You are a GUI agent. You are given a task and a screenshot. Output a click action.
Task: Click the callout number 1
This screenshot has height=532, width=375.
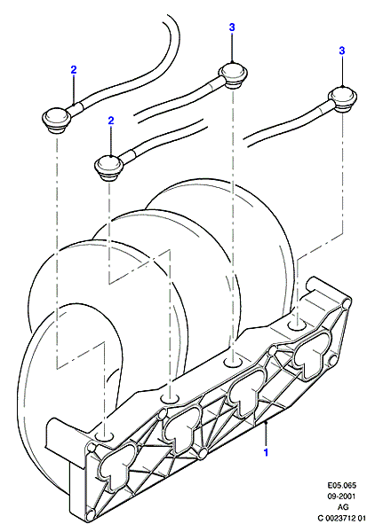point(267,452)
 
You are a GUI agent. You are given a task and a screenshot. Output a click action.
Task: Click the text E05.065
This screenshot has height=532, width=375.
point(342,485)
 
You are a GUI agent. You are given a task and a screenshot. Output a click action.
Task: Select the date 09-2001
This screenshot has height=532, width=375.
point(342,497)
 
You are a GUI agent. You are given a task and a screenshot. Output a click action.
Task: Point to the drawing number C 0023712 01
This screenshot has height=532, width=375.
point(342,519)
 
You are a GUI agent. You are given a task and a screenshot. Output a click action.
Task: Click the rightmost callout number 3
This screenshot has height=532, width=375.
point(342,51)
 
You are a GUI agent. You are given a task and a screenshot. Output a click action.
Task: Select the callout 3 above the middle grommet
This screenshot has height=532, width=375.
point(232,27)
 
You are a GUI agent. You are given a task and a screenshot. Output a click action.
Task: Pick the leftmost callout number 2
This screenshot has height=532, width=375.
point(74,69)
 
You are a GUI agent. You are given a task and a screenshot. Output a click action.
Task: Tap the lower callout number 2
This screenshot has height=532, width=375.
point(111,121)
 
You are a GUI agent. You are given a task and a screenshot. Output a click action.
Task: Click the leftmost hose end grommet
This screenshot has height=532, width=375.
point(57,120)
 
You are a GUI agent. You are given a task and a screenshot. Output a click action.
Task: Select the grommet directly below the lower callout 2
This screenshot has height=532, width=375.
point(108,167)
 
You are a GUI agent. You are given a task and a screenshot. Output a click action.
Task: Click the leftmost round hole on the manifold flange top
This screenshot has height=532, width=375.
point(104,436)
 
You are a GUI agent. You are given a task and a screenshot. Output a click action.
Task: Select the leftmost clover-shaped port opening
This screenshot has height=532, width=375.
point(112,468)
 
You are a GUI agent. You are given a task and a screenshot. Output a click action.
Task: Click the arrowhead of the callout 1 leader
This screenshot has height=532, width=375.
point(267,422)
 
